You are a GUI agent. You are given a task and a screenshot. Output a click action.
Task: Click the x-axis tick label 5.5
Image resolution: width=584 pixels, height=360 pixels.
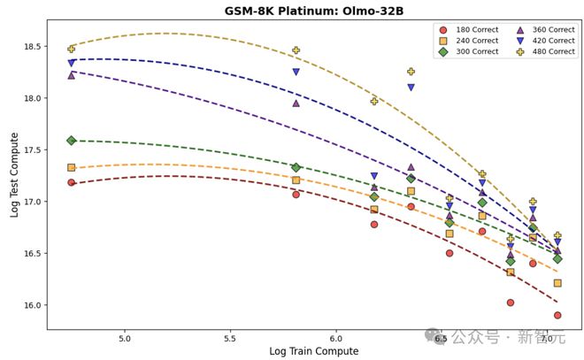[x=230, y=338]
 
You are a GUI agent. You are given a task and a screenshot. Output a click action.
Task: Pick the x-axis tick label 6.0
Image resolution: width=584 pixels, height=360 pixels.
[x=335, y=338]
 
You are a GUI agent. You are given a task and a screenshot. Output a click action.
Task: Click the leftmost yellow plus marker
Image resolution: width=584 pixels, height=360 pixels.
[x=71, y=49]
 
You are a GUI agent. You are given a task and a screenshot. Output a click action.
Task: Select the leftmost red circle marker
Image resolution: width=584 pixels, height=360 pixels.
[x=71, y=182]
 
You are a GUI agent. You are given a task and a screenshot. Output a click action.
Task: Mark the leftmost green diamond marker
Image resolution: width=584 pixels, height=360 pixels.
[x=71, y=141]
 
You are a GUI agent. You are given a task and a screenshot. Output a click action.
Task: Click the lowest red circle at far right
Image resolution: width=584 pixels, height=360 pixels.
[x=557, y=315]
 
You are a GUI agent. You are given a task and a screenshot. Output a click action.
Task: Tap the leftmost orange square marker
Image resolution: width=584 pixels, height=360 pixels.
[x=71, y=167]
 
